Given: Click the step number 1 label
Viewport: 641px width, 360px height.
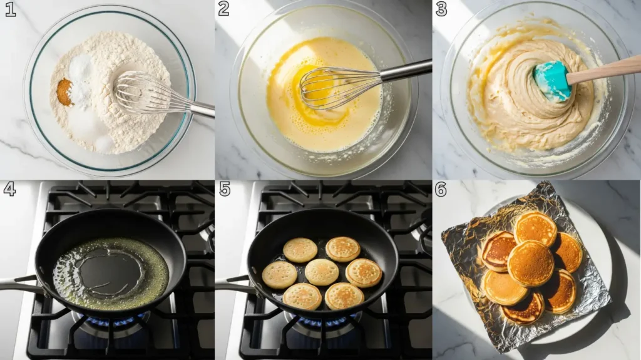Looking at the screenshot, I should point(10,9).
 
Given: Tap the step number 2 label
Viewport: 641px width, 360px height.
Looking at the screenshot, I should point(224,9).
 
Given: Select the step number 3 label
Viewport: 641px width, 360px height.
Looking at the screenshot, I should point(441,9).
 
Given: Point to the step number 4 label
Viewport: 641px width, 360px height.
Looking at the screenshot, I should point(9,189).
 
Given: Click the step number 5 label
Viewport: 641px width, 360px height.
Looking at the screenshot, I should point(224,189).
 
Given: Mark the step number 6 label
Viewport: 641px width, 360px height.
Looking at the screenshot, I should point(441,189).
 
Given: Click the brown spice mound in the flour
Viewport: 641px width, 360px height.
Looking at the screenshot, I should point(64,93).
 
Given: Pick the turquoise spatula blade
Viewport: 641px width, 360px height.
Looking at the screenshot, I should point(551,80).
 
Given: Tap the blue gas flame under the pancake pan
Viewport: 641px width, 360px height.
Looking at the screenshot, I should point(326,322).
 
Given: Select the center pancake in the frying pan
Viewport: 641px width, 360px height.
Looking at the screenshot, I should point(322,272).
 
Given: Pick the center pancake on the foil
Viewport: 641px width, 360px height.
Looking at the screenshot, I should point(530,264).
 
